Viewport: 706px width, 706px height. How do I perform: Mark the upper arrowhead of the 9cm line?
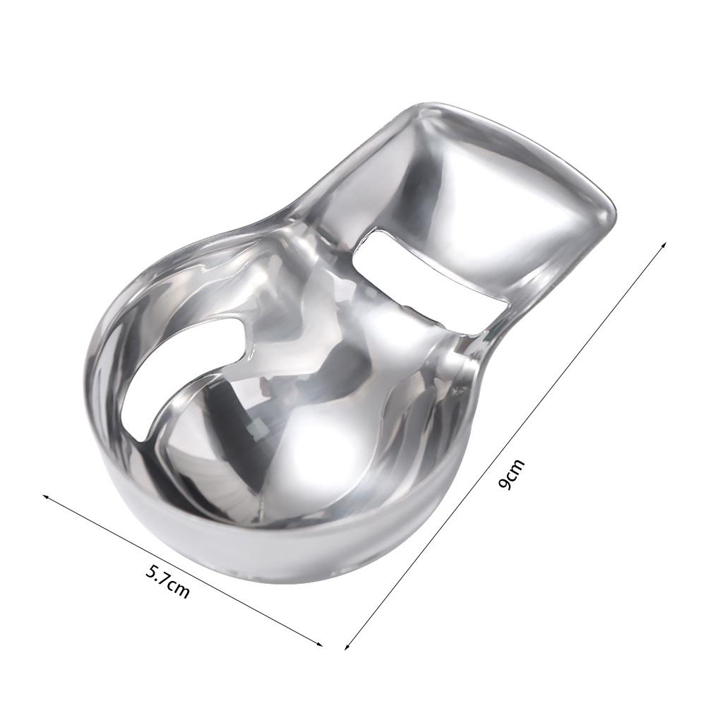click(664, 244)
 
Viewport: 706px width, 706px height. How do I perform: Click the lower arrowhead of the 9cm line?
click(347, 646)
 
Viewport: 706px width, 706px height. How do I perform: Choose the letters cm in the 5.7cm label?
click(178, 587)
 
